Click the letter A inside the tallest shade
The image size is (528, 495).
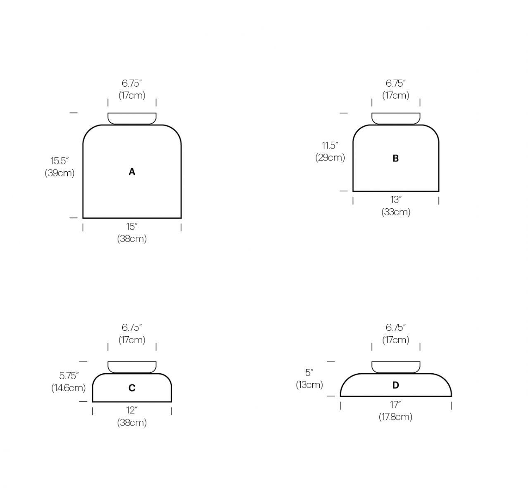tap(132, 172)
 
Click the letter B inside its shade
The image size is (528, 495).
tap(395, 158)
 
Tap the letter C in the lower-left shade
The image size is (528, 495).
tap(132, 388)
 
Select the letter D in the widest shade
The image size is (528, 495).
tap(395, 385)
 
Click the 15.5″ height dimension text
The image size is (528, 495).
tap(59, 161)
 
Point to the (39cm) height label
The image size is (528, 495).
tap(59, 173)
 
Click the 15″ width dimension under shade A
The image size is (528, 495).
tap(132, 226)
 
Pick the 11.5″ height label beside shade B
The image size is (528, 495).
tap(330, 145)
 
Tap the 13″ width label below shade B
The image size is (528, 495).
tap(395, 200)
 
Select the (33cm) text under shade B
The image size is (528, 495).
tap(395, 212)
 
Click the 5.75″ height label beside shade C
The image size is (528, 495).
tap(69, 375)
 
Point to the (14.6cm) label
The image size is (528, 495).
tap(69, 388)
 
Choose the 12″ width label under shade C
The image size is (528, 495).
tap(132, 410)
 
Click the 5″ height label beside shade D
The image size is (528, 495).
tap(309, 372)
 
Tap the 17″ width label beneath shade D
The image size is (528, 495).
tap(395, 405)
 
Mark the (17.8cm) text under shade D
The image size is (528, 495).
tap(395, 417)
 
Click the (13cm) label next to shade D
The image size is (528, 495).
tap(309, 384)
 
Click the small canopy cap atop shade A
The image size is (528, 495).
tap(132, 118)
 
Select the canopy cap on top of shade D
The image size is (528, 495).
tap(395, 367)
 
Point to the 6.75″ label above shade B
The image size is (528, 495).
tap(395, 83)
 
